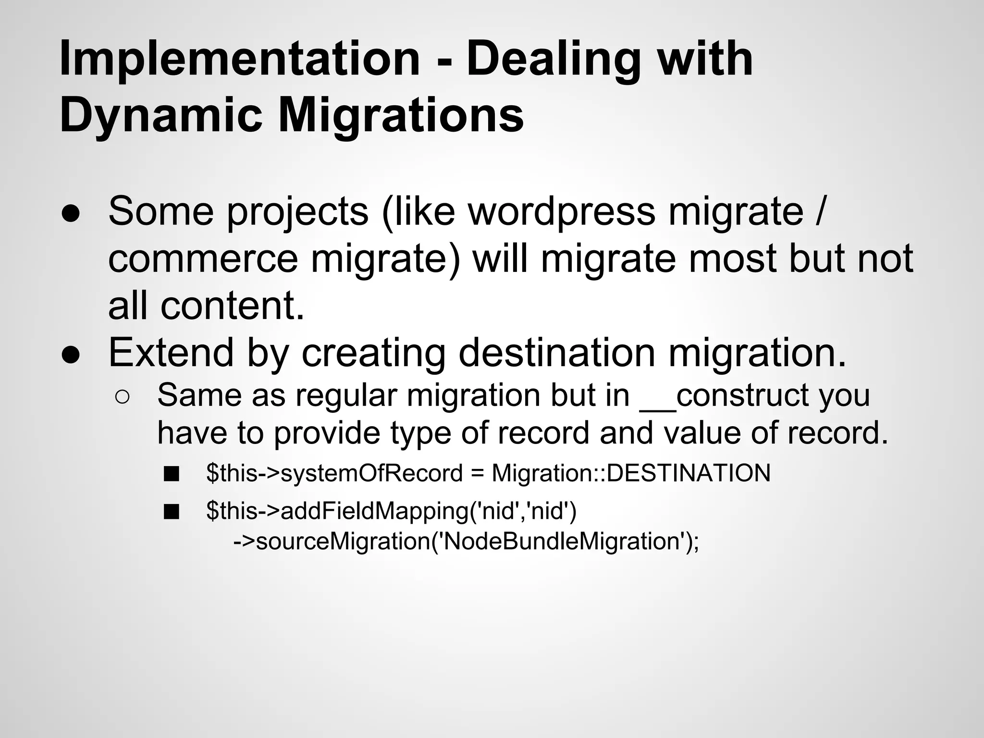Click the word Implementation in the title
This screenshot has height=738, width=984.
pos(239,60)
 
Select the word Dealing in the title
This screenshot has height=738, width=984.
pos(553,60)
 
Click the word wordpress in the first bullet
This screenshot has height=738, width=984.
pos(562,212)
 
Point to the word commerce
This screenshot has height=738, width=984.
pos(203,259)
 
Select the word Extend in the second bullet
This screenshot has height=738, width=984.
pos(171,352)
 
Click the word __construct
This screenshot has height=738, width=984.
pos(726,395)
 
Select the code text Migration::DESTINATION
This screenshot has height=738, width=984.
pos(631,473)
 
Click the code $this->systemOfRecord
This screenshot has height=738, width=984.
pos(334,473)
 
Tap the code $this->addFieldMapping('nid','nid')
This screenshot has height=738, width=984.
pos(391,511)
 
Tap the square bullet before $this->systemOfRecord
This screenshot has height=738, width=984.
pos(171,474)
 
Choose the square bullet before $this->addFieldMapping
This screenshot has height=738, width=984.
pos(171,512)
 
